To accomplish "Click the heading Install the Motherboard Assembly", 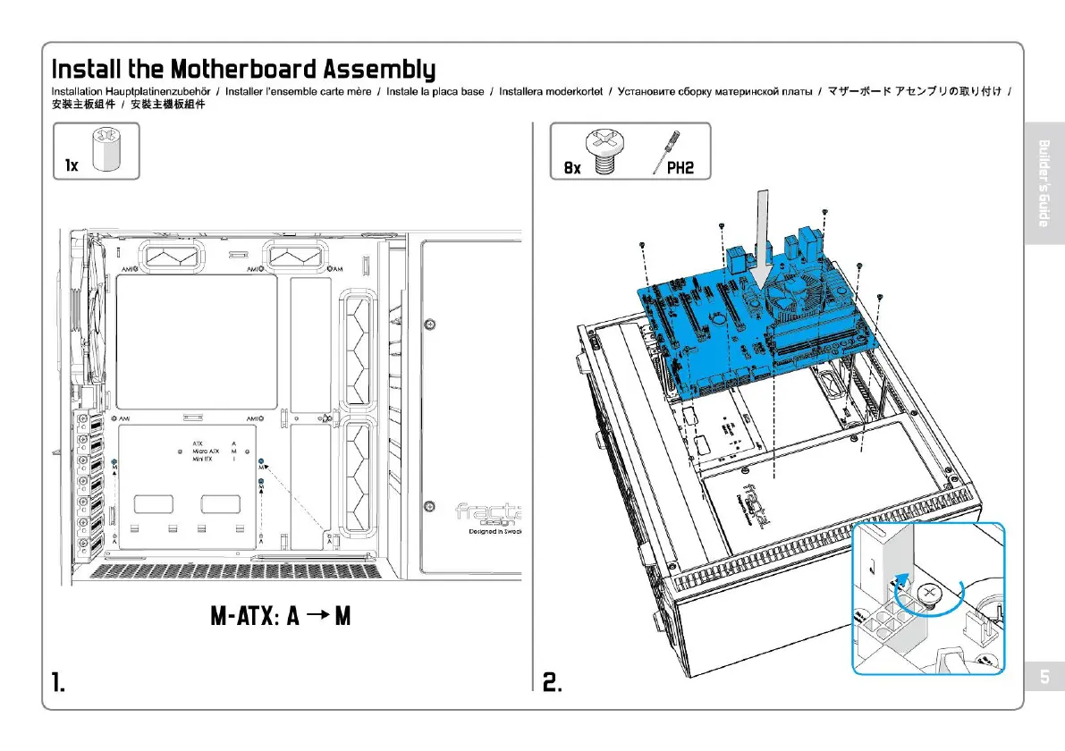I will point(243,69).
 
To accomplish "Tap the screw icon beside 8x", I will point(604,151).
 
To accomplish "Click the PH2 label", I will point(680,167).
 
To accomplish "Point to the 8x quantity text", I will point(572,167).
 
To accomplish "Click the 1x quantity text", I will point(72,166).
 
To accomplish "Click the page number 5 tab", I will point(1043,677).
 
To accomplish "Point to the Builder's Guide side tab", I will point(1043,183).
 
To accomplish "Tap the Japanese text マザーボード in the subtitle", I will point(860,92).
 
